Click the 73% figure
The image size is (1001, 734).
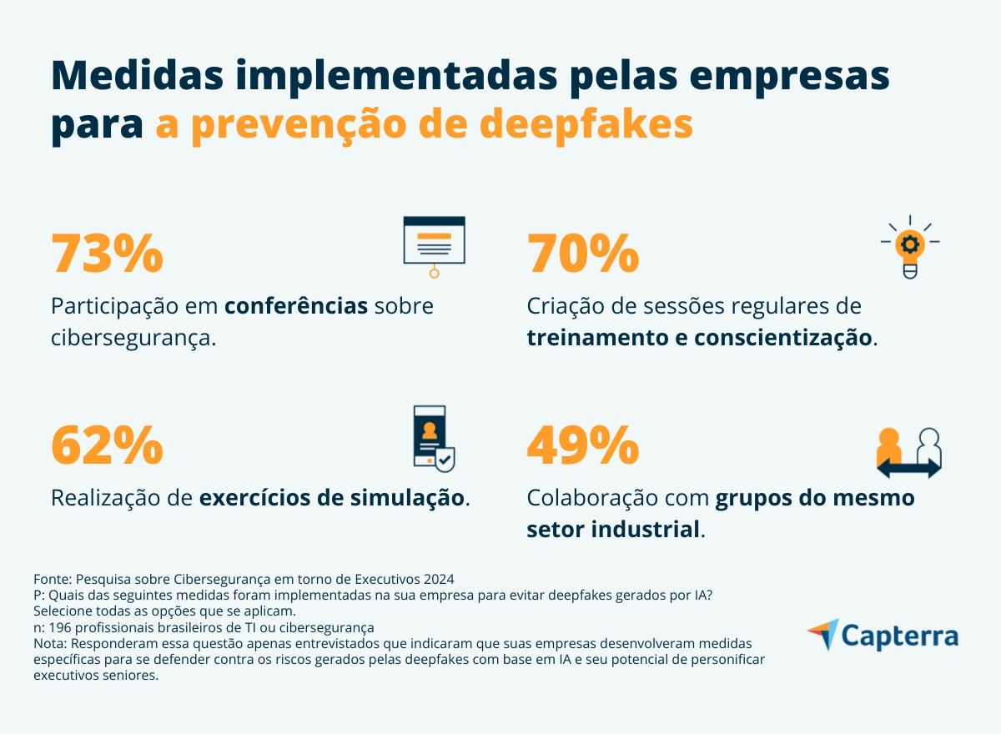tap(107, 254)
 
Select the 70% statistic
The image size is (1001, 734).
tap(583, 254)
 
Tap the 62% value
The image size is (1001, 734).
tap(107, 445)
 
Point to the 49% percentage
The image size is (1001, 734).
tap(583, 445)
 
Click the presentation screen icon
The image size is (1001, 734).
tap(434, 246)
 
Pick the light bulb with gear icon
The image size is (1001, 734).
tap(909, 246)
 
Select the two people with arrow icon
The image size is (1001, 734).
tap(908, 453)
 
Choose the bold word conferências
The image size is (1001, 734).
tap(296, 306)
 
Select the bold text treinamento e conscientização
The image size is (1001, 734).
tap(700, 339)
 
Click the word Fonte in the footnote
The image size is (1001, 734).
tap(51, 579)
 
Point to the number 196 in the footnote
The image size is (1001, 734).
tap(61, 627)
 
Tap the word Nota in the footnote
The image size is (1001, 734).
tap(49, 644)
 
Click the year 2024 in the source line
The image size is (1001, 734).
tap(439, 579)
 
